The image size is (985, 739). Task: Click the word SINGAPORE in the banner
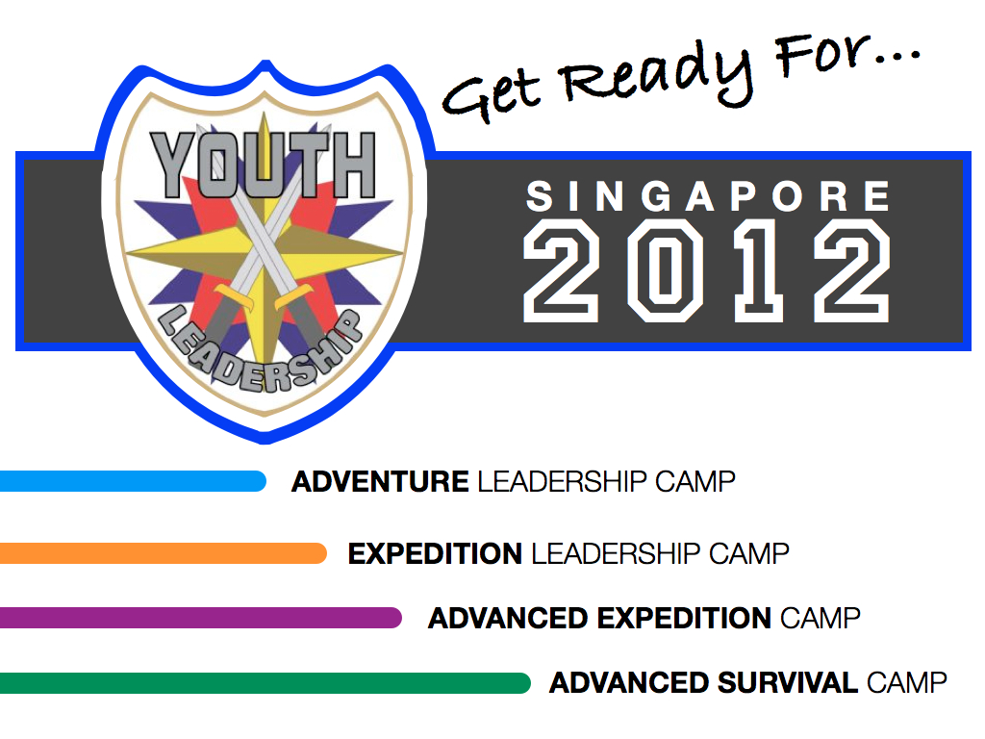click(708, 196)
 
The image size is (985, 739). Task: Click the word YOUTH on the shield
click(264, 165)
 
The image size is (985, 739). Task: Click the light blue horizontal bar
click(133, 481)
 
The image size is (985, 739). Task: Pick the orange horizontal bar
click(164, 553)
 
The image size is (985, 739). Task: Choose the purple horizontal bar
click(200, 618)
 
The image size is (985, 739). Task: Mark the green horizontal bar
click(265, 683)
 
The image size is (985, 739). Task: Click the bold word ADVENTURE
click(380, 482)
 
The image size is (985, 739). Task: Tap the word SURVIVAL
click(788, 683)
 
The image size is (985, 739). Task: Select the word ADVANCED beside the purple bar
click(508, 619)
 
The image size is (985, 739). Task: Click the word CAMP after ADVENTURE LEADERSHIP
click(695, 482)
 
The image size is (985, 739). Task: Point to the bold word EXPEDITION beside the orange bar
click(435, 553)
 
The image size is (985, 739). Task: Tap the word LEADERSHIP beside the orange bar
click(616, 553)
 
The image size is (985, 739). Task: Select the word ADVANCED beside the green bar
click(629, 683)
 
